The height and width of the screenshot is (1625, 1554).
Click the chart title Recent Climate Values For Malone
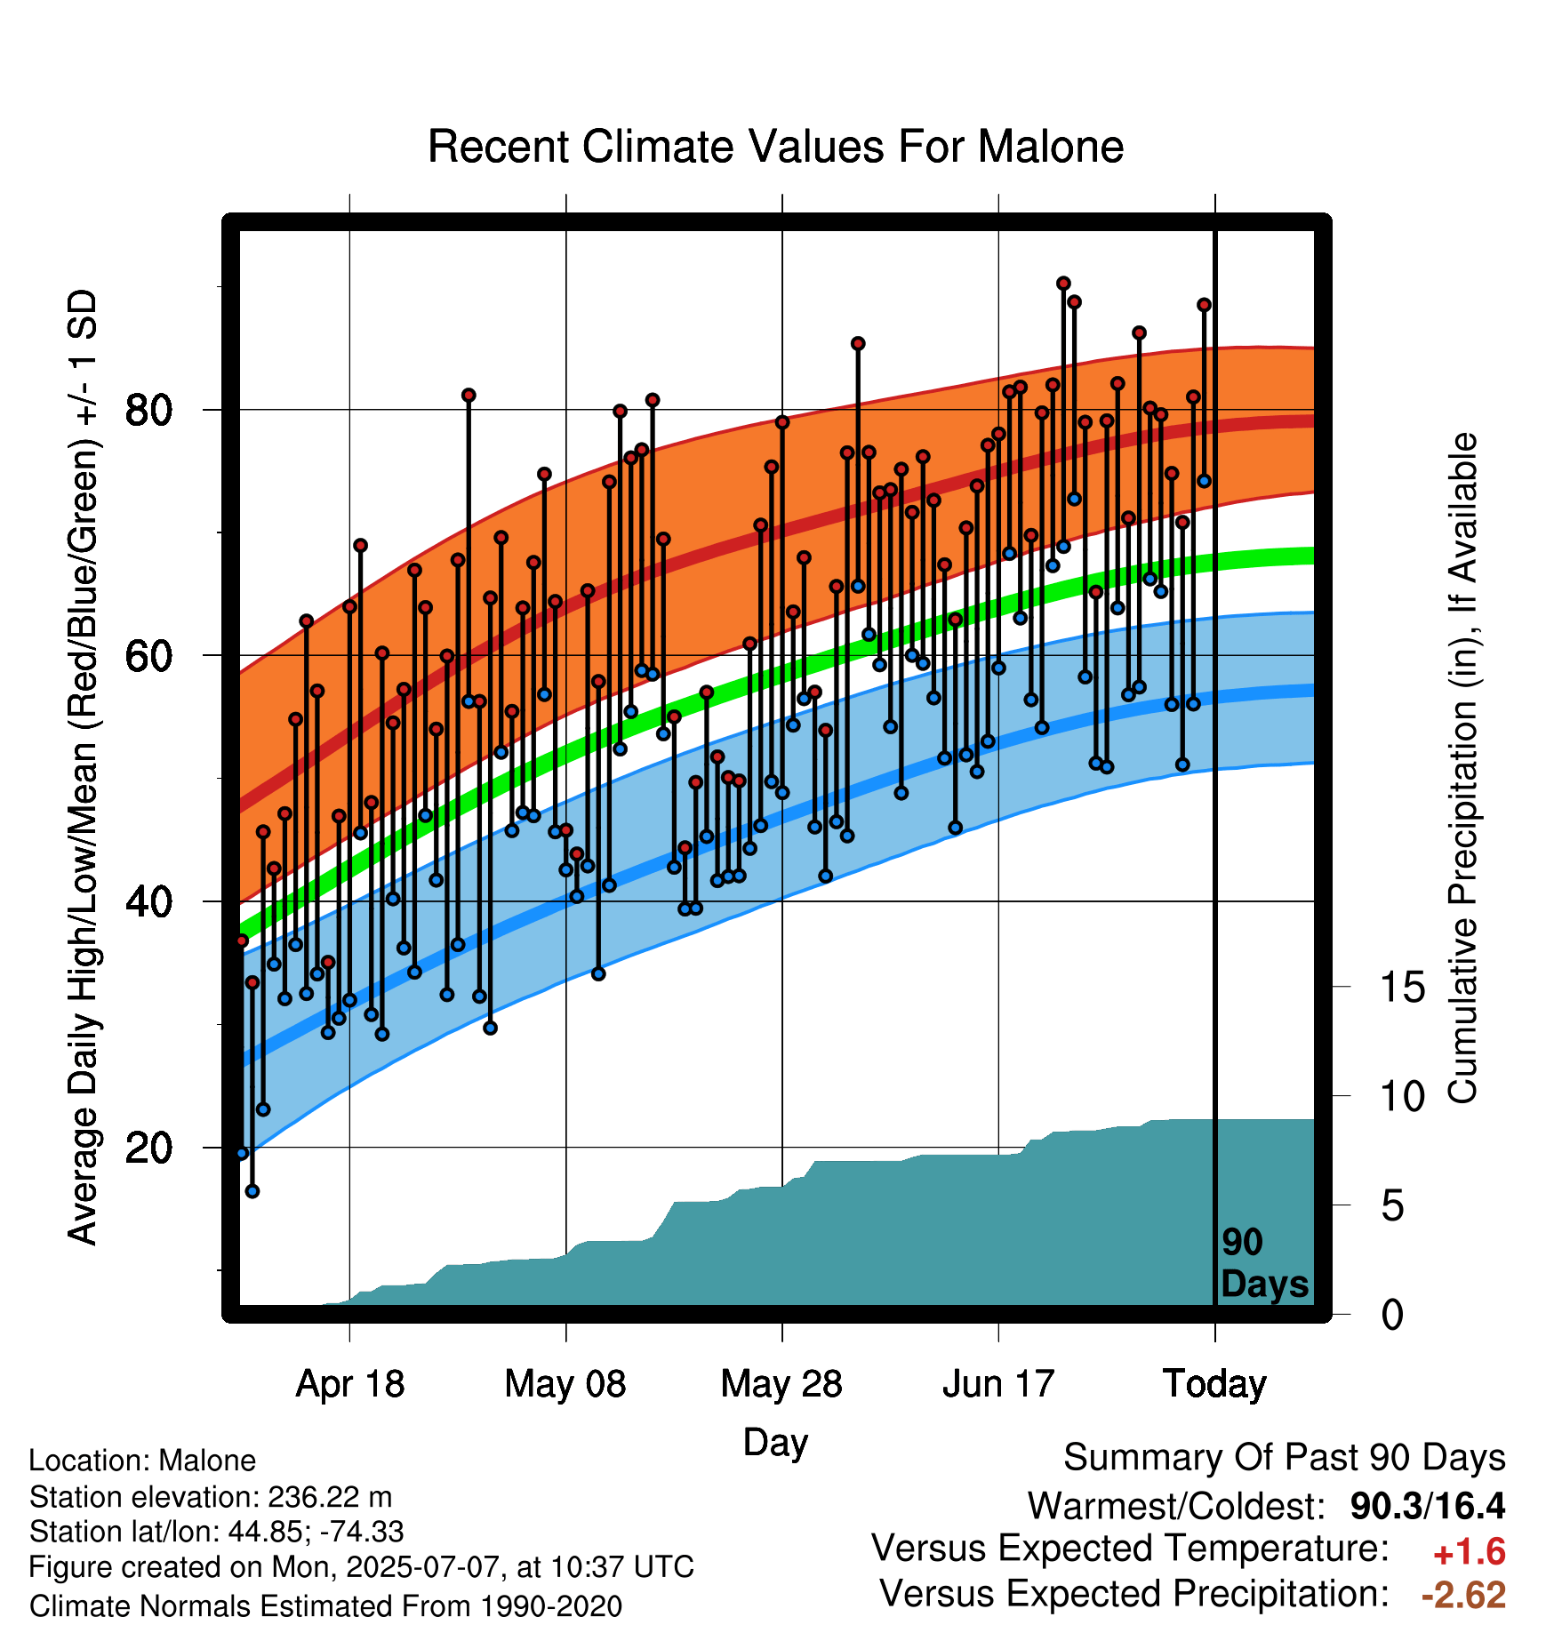775,147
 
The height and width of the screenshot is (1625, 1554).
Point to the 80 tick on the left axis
148,410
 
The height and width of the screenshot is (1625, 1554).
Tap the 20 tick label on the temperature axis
148,1148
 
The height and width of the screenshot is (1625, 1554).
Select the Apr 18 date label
349,1384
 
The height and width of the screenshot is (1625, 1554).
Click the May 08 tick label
565,1384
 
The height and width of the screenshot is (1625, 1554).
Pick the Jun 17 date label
998,1384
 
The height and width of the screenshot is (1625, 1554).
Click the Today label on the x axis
1214,1384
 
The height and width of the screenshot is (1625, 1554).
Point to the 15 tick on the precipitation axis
1402,987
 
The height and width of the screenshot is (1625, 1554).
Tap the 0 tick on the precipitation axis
1392,1314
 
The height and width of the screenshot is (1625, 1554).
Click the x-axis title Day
775,1443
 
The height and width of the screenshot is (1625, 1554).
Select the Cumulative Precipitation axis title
1462,768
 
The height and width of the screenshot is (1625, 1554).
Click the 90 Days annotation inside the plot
1264,1263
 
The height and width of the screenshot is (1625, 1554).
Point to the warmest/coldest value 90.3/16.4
1428,1506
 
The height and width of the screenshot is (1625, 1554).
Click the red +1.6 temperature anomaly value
1469,1552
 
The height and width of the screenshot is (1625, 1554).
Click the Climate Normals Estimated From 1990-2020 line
325,1606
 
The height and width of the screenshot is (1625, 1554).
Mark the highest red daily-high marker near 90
1063,284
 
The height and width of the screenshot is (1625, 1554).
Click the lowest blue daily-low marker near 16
252,1191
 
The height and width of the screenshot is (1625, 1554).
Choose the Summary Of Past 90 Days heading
1285,1458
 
